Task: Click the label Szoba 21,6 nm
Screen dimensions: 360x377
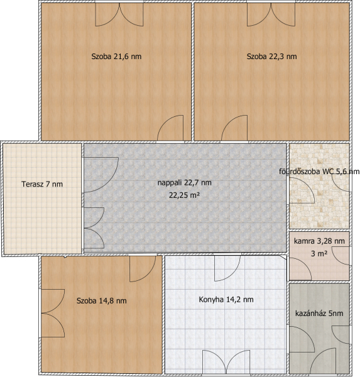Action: (x=116, y=57)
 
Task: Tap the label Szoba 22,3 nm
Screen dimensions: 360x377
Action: (x=272, y=57)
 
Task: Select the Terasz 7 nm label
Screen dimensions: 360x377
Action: (x=42, y=184)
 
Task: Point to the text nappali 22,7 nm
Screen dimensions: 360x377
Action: (x=185, y=183)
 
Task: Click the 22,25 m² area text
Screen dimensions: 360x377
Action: (x=185, y=195)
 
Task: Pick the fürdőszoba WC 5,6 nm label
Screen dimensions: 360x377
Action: (x=319, y=172)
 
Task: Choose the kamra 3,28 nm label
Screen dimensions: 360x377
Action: (x=319, y=241)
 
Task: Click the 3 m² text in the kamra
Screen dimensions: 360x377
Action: (x=319, y=253)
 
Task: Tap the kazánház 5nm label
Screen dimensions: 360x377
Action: (x=319, y=314)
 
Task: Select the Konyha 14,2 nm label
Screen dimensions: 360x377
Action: (x=226, y=300)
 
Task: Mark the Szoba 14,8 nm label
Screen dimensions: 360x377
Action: (x=102, y=301)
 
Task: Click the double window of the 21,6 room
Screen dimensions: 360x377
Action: (x=119, y=14)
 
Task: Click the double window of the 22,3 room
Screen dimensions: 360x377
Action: (x=271, y=14)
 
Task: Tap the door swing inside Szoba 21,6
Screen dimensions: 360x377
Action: (x=170, y=128)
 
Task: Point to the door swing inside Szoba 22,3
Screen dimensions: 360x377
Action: (x=234, y=128)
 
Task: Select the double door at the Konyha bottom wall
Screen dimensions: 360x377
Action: (x=226, y=362)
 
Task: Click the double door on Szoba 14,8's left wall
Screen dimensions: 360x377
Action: (x=53, y=313)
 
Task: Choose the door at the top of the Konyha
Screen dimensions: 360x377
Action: (x=227, y=268)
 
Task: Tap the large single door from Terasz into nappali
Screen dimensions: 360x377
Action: (x=101, y=175)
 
